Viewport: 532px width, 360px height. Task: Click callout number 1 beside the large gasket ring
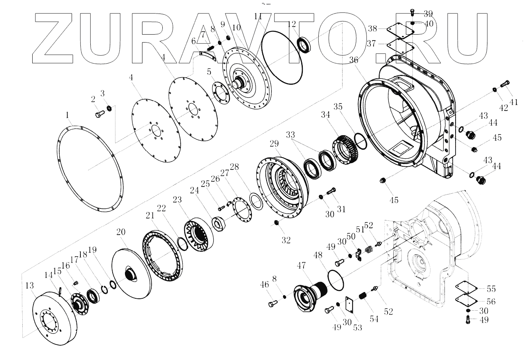pyautogui.click(x=68, y=115)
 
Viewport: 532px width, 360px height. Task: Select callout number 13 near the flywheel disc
pyautogui.click(x=29, y=286)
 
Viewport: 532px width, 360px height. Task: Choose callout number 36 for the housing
pyautogui.click(x=353, y=60)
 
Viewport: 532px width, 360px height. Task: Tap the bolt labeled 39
pyautogui.click(x=413, y=12)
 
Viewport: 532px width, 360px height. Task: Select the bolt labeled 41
pyautogui.click(x=505, y=84)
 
